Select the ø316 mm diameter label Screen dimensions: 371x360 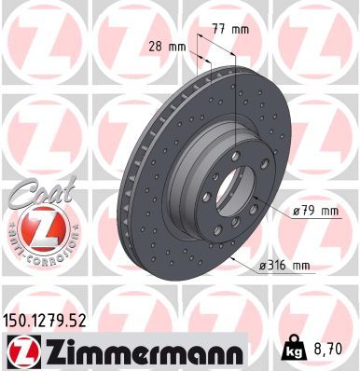[x=283, y=267]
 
